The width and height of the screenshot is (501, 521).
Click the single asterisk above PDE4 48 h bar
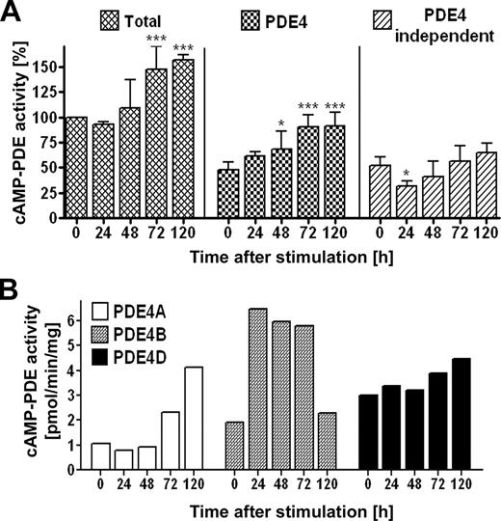[281, 123]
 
